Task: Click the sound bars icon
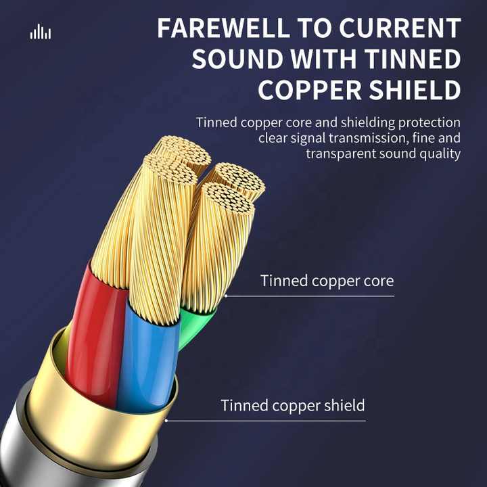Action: pyautogui.click(x=41, y=32)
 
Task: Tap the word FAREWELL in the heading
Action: pyautogui.click(x=223, y=28)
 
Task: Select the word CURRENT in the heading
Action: pyautogui.click(x=400, y=28)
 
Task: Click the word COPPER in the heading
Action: pyautogui.click(x=310, y=90)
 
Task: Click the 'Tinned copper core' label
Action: pyautogui.click(x=327, y=281)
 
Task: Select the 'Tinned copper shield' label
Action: pyautogui.click(x=293, y=406)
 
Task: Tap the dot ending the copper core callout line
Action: pyautogui.click(x=226, y=296)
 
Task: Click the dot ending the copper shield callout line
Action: pyautogui.click(x=166, y=421)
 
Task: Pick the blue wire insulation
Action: pyautogui.click(x=147, y=357)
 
